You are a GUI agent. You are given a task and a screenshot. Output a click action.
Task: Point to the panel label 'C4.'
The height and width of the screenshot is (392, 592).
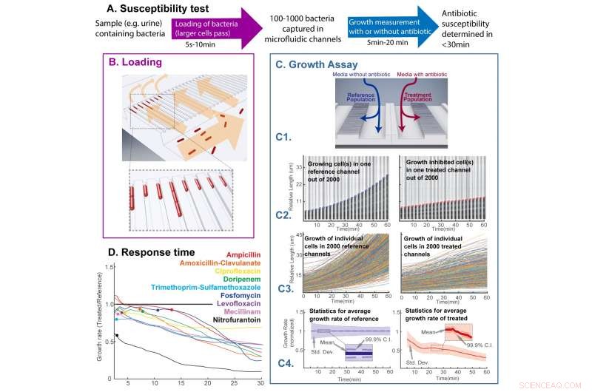[x=288, y=363]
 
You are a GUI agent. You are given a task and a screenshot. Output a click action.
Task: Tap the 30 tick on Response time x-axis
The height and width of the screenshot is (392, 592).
[x=258, y=383]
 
